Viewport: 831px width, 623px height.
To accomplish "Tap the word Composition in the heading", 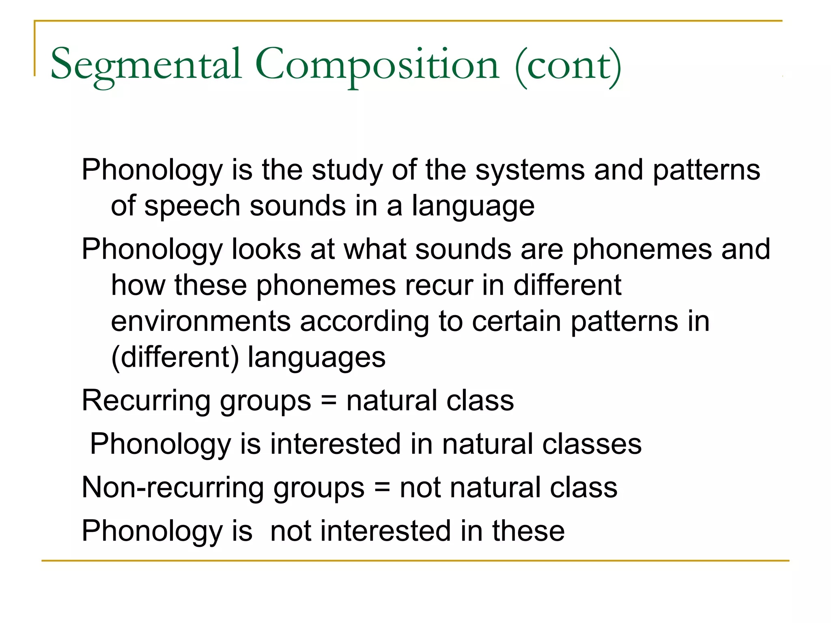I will [377, 65].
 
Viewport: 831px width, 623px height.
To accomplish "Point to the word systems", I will [530, 170].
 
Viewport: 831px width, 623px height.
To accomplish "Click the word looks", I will [266, 249].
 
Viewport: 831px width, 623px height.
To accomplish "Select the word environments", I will [201, 321].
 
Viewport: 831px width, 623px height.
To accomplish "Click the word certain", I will [517, 321].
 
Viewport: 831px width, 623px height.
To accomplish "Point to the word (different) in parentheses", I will [175, 358].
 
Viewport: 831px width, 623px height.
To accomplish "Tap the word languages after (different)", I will [316, 358].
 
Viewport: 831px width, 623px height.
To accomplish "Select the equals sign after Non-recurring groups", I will [382, 488].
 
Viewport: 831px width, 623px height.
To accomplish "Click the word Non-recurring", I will [173, 488].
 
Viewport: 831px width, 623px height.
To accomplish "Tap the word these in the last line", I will [528, 531].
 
